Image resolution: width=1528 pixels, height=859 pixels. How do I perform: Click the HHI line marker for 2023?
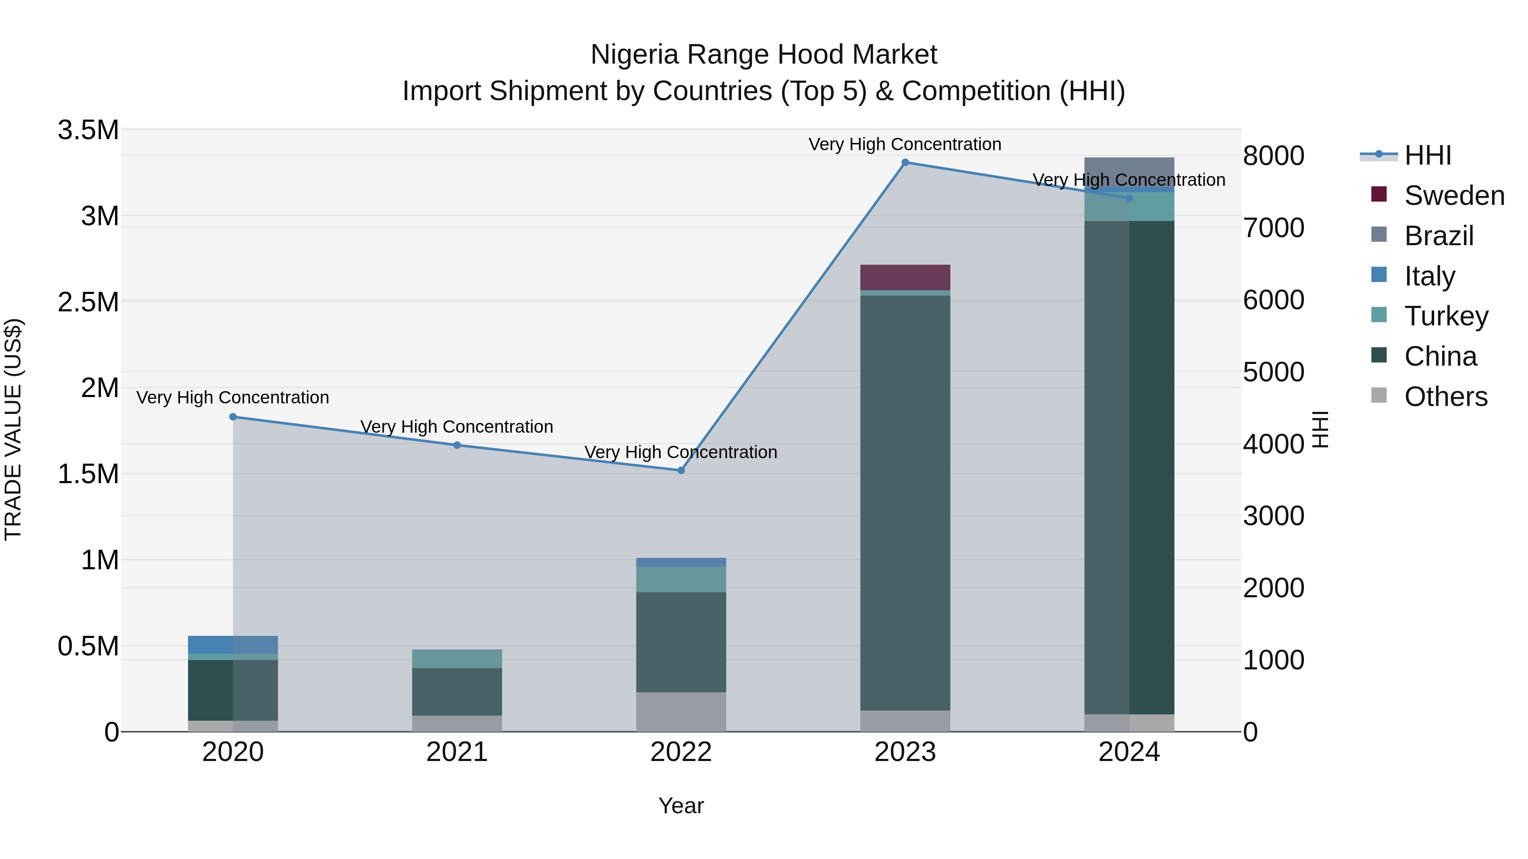click(905, 162)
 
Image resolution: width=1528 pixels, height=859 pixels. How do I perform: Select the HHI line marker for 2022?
click(681, 471)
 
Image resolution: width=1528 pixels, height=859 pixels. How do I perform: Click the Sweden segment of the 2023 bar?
click(905, 277)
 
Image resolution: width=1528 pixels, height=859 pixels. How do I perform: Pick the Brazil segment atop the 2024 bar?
click(1129, 172)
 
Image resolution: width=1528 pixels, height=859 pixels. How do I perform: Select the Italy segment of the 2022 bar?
click(681, 562)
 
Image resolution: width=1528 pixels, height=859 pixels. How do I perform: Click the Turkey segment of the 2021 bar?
click(457, 659)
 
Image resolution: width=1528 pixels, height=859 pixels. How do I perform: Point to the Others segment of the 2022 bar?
click(681, 712)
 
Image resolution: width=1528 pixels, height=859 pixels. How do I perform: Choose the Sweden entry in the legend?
click(1453, 196)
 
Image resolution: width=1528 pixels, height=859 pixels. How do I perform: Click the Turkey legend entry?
click(1446, 316)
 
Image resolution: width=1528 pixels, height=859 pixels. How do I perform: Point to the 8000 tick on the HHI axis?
click(1273, 157)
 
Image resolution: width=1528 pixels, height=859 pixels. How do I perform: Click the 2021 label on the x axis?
click(457, 752)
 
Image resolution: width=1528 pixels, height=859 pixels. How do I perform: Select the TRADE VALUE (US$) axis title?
click(13, 430)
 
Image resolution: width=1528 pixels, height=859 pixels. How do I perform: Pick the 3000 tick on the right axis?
click(1273, 516)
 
